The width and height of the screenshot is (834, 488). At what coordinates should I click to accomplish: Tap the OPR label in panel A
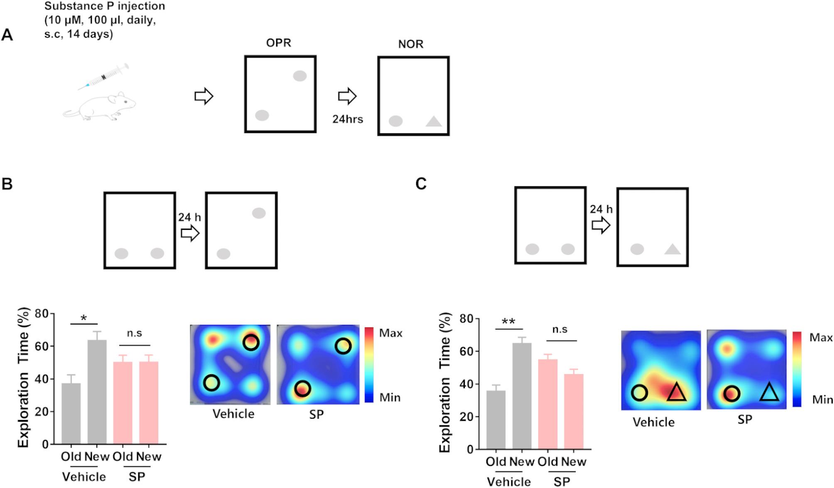[x=279, y=43]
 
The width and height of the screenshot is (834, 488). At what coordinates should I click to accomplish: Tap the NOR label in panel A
[x=411, y=44]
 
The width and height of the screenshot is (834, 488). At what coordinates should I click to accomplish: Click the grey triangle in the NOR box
[x=434, y=122]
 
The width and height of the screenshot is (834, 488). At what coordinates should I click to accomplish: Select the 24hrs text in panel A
[x=348, y=120]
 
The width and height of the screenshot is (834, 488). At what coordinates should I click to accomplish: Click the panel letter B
[x=7, y=184]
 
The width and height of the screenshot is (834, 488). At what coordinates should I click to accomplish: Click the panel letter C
[x=421, y=183]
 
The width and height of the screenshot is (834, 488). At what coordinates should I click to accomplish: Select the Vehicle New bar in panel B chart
[x=97, y=392]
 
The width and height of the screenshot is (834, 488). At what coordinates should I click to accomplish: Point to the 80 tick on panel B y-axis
[x=42, y=313]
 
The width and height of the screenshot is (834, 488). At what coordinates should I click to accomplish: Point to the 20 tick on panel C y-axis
[x=467, y=417]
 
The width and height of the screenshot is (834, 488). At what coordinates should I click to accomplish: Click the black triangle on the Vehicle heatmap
[x=677, y=392]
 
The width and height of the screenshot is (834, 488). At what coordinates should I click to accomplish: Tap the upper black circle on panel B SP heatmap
[x=343, y=346]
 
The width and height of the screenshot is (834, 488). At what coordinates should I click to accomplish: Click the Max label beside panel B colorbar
[x=390, y=333]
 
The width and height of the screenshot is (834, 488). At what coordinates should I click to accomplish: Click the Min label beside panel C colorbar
[x=822, y=400]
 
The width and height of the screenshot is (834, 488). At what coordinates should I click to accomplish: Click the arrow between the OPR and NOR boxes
[x=347, y=96]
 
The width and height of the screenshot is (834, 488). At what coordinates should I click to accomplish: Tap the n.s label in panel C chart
[x=559, y=330]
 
